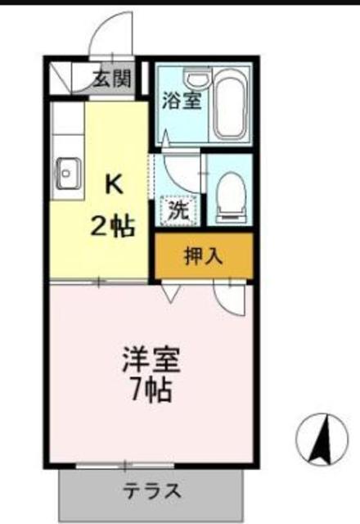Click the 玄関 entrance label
pyautogui.click(x=110, y=79)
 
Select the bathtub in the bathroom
pyautogui.click(x=232, y=106)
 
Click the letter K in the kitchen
pyautogui.click(x=113, y=183)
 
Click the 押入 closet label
pyautogui.click(x=203, y=256)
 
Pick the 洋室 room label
pyautogui.click(x=151, y=360)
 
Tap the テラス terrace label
pyautogui.click(x=151, y=491)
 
